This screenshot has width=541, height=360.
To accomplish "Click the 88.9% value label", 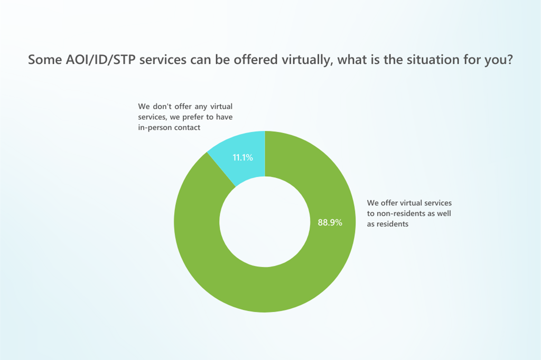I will (330, 223).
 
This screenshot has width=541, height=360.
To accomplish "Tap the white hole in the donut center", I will (265, 222).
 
